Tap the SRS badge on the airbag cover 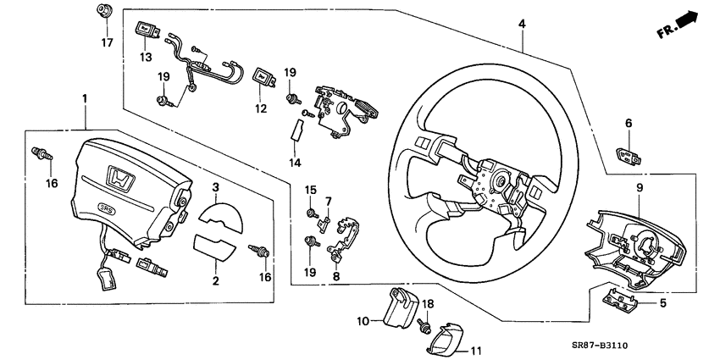coord(107,209)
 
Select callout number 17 coord(108,41)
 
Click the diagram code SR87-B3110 coord(656,346)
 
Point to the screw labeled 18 coord(427,323)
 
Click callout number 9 coord(640,187)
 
